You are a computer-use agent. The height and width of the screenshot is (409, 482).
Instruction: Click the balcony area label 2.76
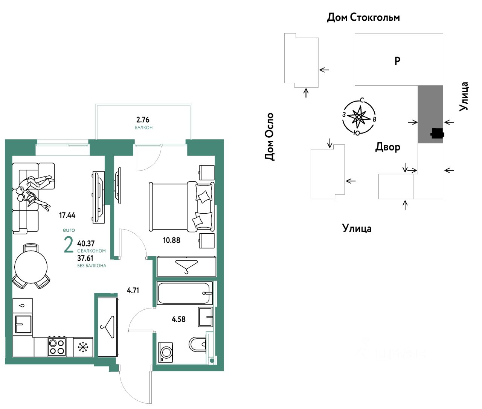pyautogui.click(x=143, y=120)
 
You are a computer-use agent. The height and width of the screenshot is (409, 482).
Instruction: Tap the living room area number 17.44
pyautogui.click(x=67, y=216)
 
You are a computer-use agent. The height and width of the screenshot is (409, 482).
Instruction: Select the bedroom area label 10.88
pyautogui.click(x=171, y=240)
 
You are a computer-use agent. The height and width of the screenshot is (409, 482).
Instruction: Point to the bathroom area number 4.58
pyautogui.click(x=178, y=319)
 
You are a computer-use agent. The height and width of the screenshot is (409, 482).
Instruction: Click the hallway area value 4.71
pyautogui.click(x=133, y=290)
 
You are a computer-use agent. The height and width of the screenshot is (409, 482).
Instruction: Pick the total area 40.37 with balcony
pyautogui.click(x=85, y=243)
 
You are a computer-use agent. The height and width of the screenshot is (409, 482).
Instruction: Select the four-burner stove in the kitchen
pyautogui.click(x=57, y=347)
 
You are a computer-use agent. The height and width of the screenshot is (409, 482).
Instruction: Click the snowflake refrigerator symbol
pyautogui.click(x=82, y=347)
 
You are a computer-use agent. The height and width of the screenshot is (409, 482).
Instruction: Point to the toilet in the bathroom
pyautogui.click(x=197, y=344)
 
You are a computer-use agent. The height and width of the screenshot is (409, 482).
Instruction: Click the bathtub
pyautogui.click(x=184, y=293)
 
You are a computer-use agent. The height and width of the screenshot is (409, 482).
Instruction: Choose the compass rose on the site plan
pyautogui.click(x=359, y=117)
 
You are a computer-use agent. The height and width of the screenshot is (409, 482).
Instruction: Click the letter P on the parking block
pyautogui.click(x=397, y=60)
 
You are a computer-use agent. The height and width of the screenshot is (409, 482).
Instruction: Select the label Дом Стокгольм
pyautogui.click(x=363, y=17)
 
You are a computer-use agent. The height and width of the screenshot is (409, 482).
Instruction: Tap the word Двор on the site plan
pyautogui.click(x=387, y=147)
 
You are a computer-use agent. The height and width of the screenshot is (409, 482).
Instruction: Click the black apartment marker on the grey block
pyautogui.click(x=437, y=133)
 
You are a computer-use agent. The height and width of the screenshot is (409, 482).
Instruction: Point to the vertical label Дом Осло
pyautogui.click(x=269, y=137)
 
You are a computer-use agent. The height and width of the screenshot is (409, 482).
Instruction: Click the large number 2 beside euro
pyautogui.click(x=69, y=245)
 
